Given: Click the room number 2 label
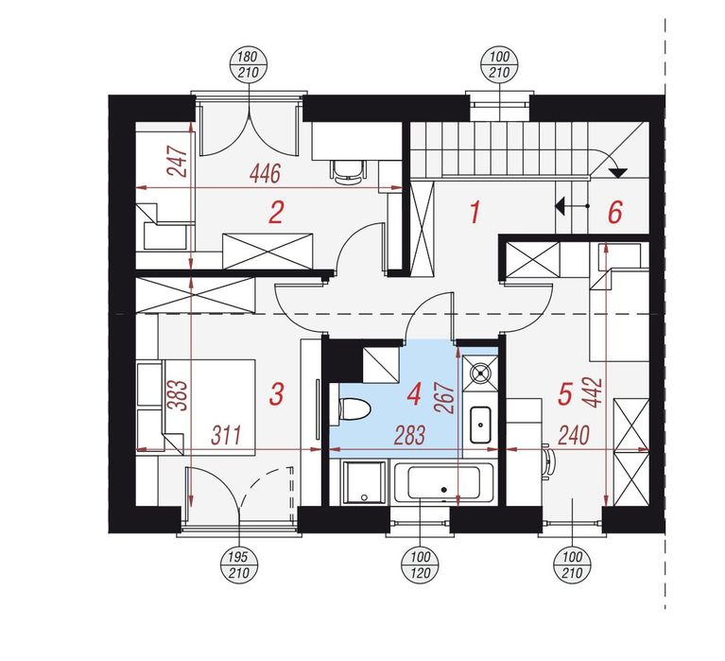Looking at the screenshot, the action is (x=276, y=213).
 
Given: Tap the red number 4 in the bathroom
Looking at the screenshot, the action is (x=413, y=395).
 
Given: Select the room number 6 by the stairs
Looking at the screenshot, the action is (x=615, y=213).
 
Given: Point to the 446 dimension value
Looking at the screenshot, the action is (x=265, y=174).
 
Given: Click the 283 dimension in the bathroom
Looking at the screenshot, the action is (x=409, y=435).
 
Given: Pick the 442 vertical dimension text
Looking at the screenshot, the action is (x=594, y=392).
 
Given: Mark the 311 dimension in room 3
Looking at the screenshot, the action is (x=226, y=435).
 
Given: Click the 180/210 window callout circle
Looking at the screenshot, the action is (x=249, y=65).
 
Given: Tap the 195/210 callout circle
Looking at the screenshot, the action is (x=239, y=565).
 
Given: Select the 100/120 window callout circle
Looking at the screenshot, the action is (x=420, y=565).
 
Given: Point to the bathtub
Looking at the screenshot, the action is (x=443, y=483).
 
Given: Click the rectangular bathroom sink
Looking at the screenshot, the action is (x=481, y=425).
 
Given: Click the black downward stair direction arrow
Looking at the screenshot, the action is (x=617, y=173).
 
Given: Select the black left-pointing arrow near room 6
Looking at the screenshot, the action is (x=561, y=206).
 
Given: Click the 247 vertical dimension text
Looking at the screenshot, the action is (x=178, y=162).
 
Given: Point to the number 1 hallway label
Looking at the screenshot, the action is (x=475, y=213).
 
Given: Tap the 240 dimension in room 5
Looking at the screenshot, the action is (x=574, y=435).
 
